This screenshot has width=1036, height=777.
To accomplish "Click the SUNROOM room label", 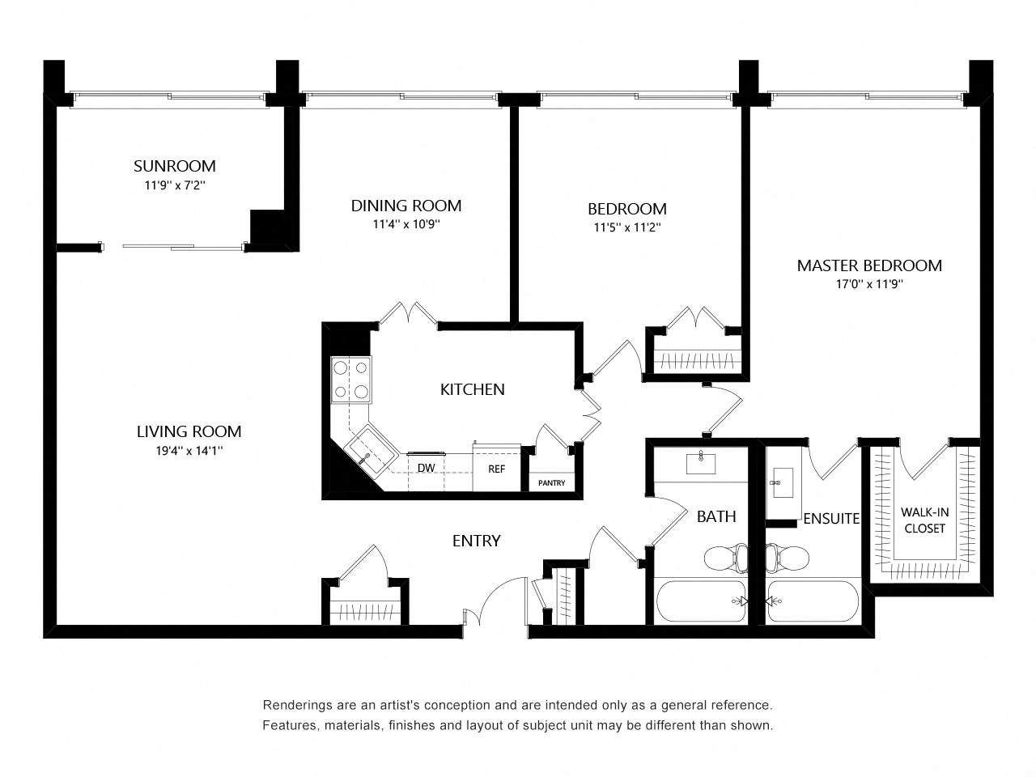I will click(174, 166).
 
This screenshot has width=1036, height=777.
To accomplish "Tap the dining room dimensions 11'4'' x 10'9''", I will click(406, 224).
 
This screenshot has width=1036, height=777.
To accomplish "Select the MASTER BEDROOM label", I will click(869, 265).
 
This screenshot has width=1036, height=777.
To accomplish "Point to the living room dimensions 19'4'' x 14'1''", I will click(189, 451).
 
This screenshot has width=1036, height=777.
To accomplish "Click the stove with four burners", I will click(350, 380).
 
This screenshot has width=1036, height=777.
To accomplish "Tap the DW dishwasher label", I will click(427, 468).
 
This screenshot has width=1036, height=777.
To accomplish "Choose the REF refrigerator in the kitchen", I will click(495, 468).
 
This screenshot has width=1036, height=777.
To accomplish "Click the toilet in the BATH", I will click(726, 557).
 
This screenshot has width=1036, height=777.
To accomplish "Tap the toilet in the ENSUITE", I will click(788, 557).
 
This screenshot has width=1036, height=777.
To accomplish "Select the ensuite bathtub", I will click(813, 601).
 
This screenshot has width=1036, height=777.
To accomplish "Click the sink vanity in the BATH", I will click(701, 464).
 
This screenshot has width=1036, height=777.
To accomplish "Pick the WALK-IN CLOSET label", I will click(923, 520).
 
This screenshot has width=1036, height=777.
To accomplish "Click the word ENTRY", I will click(476, 541).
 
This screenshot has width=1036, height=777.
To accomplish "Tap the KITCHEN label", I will click(472, 389).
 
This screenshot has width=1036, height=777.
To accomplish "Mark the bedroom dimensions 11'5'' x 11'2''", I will click(626, 227).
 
